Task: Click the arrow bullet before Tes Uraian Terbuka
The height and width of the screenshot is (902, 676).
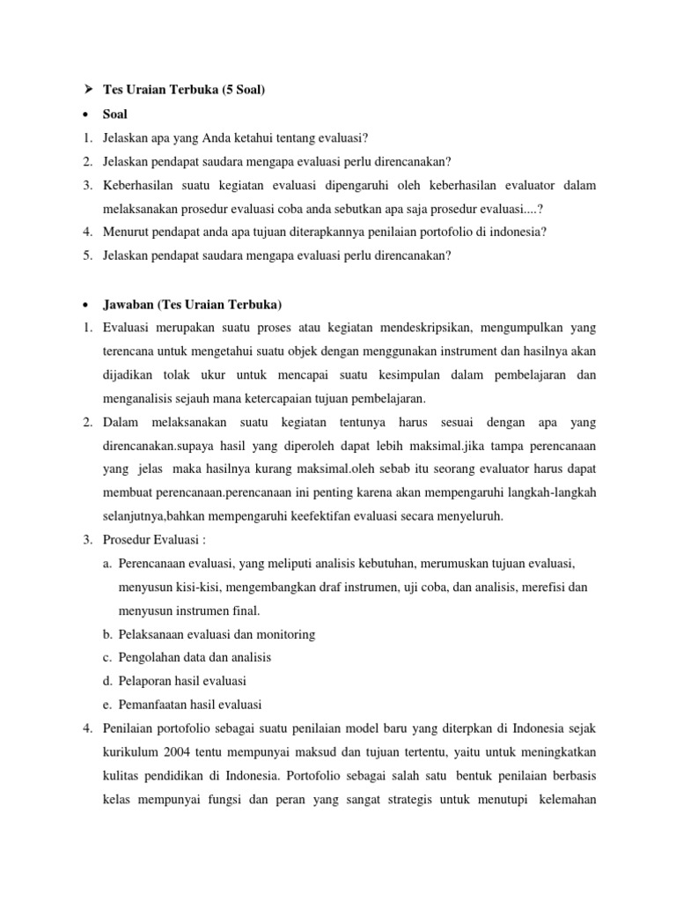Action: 87,90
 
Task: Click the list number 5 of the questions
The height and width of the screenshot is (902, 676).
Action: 88,255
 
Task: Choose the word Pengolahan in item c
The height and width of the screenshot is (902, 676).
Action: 152,657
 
